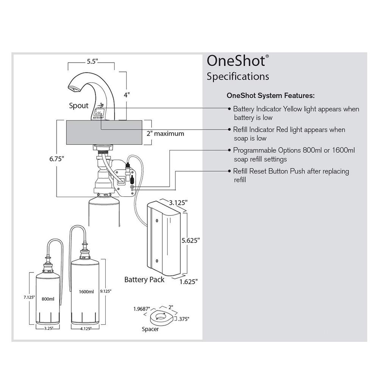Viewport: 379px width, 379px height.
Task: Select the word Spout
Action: [78, 105]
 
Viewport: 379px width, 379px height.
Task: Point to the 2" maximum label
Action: [165, 133]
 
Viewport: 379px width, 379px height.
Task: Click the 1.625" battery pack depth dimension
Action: [188, 281]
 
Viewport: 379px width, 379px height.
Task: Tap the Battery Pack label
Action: [144, 280]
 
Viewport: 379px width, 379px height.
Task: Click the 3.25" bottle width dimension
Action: [47, 329]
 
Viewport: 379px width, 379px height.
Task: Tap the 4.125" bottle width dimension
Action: [86, 329]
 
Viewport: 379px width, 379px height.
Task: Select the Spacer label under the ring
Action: [150, 329]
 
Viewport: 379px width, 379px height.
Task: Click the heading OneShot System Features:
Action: [270, 95]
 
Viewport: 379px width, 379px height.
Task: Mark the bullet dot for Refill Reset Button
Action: [229, 171]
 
